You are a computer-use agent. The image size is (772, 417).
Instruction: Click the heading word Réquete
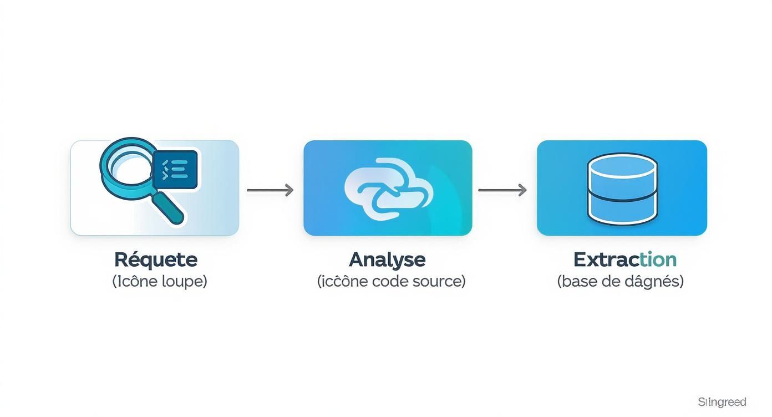point(155,260)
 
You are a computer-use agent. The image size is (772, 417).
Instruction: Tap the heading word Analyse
point(387,260)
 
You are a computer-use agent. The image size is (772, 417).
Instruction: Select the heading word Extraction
point(624,260)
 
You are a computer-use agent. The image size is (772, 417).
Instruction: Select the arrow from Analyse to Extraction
point(502,190)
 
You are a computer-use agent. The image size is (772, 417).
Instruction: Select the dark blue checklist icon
point(175,169)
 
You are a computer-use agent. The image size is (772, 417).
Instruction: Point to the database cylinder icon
point(622,188)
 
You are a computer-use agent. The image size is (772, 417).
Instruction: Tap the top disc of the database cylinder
point(622,165)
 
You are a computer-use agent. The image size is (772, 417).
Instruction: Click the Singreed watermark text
point(722,402)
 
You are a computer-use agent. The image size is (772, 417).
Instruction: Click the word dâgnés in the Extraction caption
point(652,281)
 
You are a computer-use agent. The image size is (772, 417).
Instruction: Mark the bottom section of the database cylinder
point(622,208)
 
